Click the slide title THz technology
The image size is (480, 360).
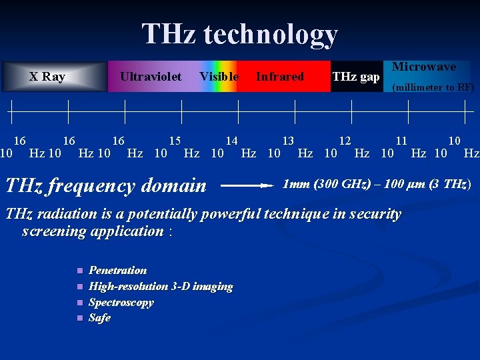[239, 34]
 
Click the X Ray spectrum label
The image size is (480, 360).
[47, 77]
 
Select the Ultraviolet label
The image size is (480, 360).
[151, 77]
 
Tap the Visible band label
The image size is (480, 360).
[219, 77]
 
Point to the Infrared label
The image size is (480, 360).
[279, 77]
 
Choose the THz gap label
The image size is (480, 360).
[356, 77]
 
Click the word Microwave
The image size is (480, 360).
[424, 67]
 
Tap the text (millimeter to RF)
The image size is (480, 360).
[433, 87]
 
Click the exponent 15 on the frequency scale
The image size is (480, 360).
[175, 141]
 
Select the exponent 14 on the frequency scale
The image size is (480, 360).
[231, 141]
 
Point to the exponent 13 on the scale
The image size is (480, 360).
[288, 141]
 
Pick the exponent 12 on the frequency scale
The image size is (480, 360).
[345, 141]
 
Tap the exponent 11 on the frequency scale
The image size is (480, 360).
[401, 141]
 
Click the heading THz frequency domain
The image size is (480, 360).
[106, 185]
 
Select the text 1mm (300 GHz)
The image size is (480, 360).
[327, 184]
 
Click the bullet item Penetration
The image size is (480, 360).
[117, 270]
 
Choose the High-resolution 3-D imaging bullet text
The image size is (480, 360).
[161, 286]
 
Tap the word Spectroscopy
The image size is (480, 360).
[121, 302]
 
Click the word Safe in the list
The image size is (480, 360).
[99, 318]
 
